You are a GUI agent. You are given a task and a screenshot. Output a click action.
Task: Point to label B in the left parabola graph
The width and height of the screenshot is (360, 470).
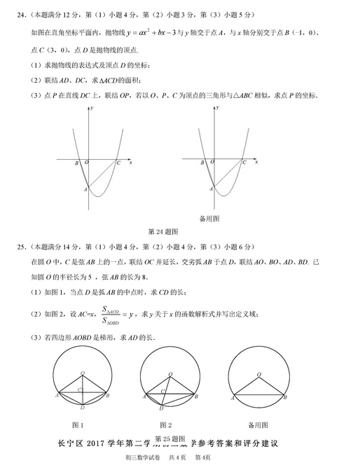tap(76, 163)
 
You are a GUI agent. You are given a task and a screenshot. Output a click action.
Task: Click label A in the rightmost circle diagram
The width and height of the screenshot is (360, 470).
tap(228, 396)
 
